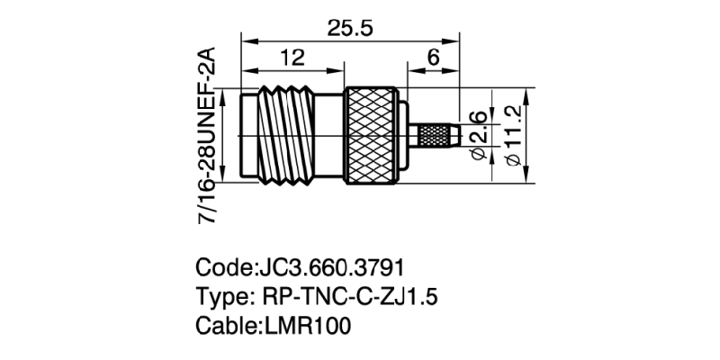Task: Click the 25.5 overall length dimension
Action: point(349,27)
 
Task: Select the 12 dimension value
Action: point(291,58)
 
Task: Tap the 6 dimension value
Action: point(433,58)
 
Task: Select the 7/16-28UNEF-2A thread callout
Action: point(208,136)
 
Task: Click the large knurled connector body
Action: point(371,136)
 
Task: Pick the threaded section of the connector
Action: point(292,136)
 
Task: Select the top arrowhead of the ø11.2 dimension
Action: point(527,93)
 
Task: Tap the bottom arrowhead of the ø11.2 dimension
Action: point(527,179)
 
